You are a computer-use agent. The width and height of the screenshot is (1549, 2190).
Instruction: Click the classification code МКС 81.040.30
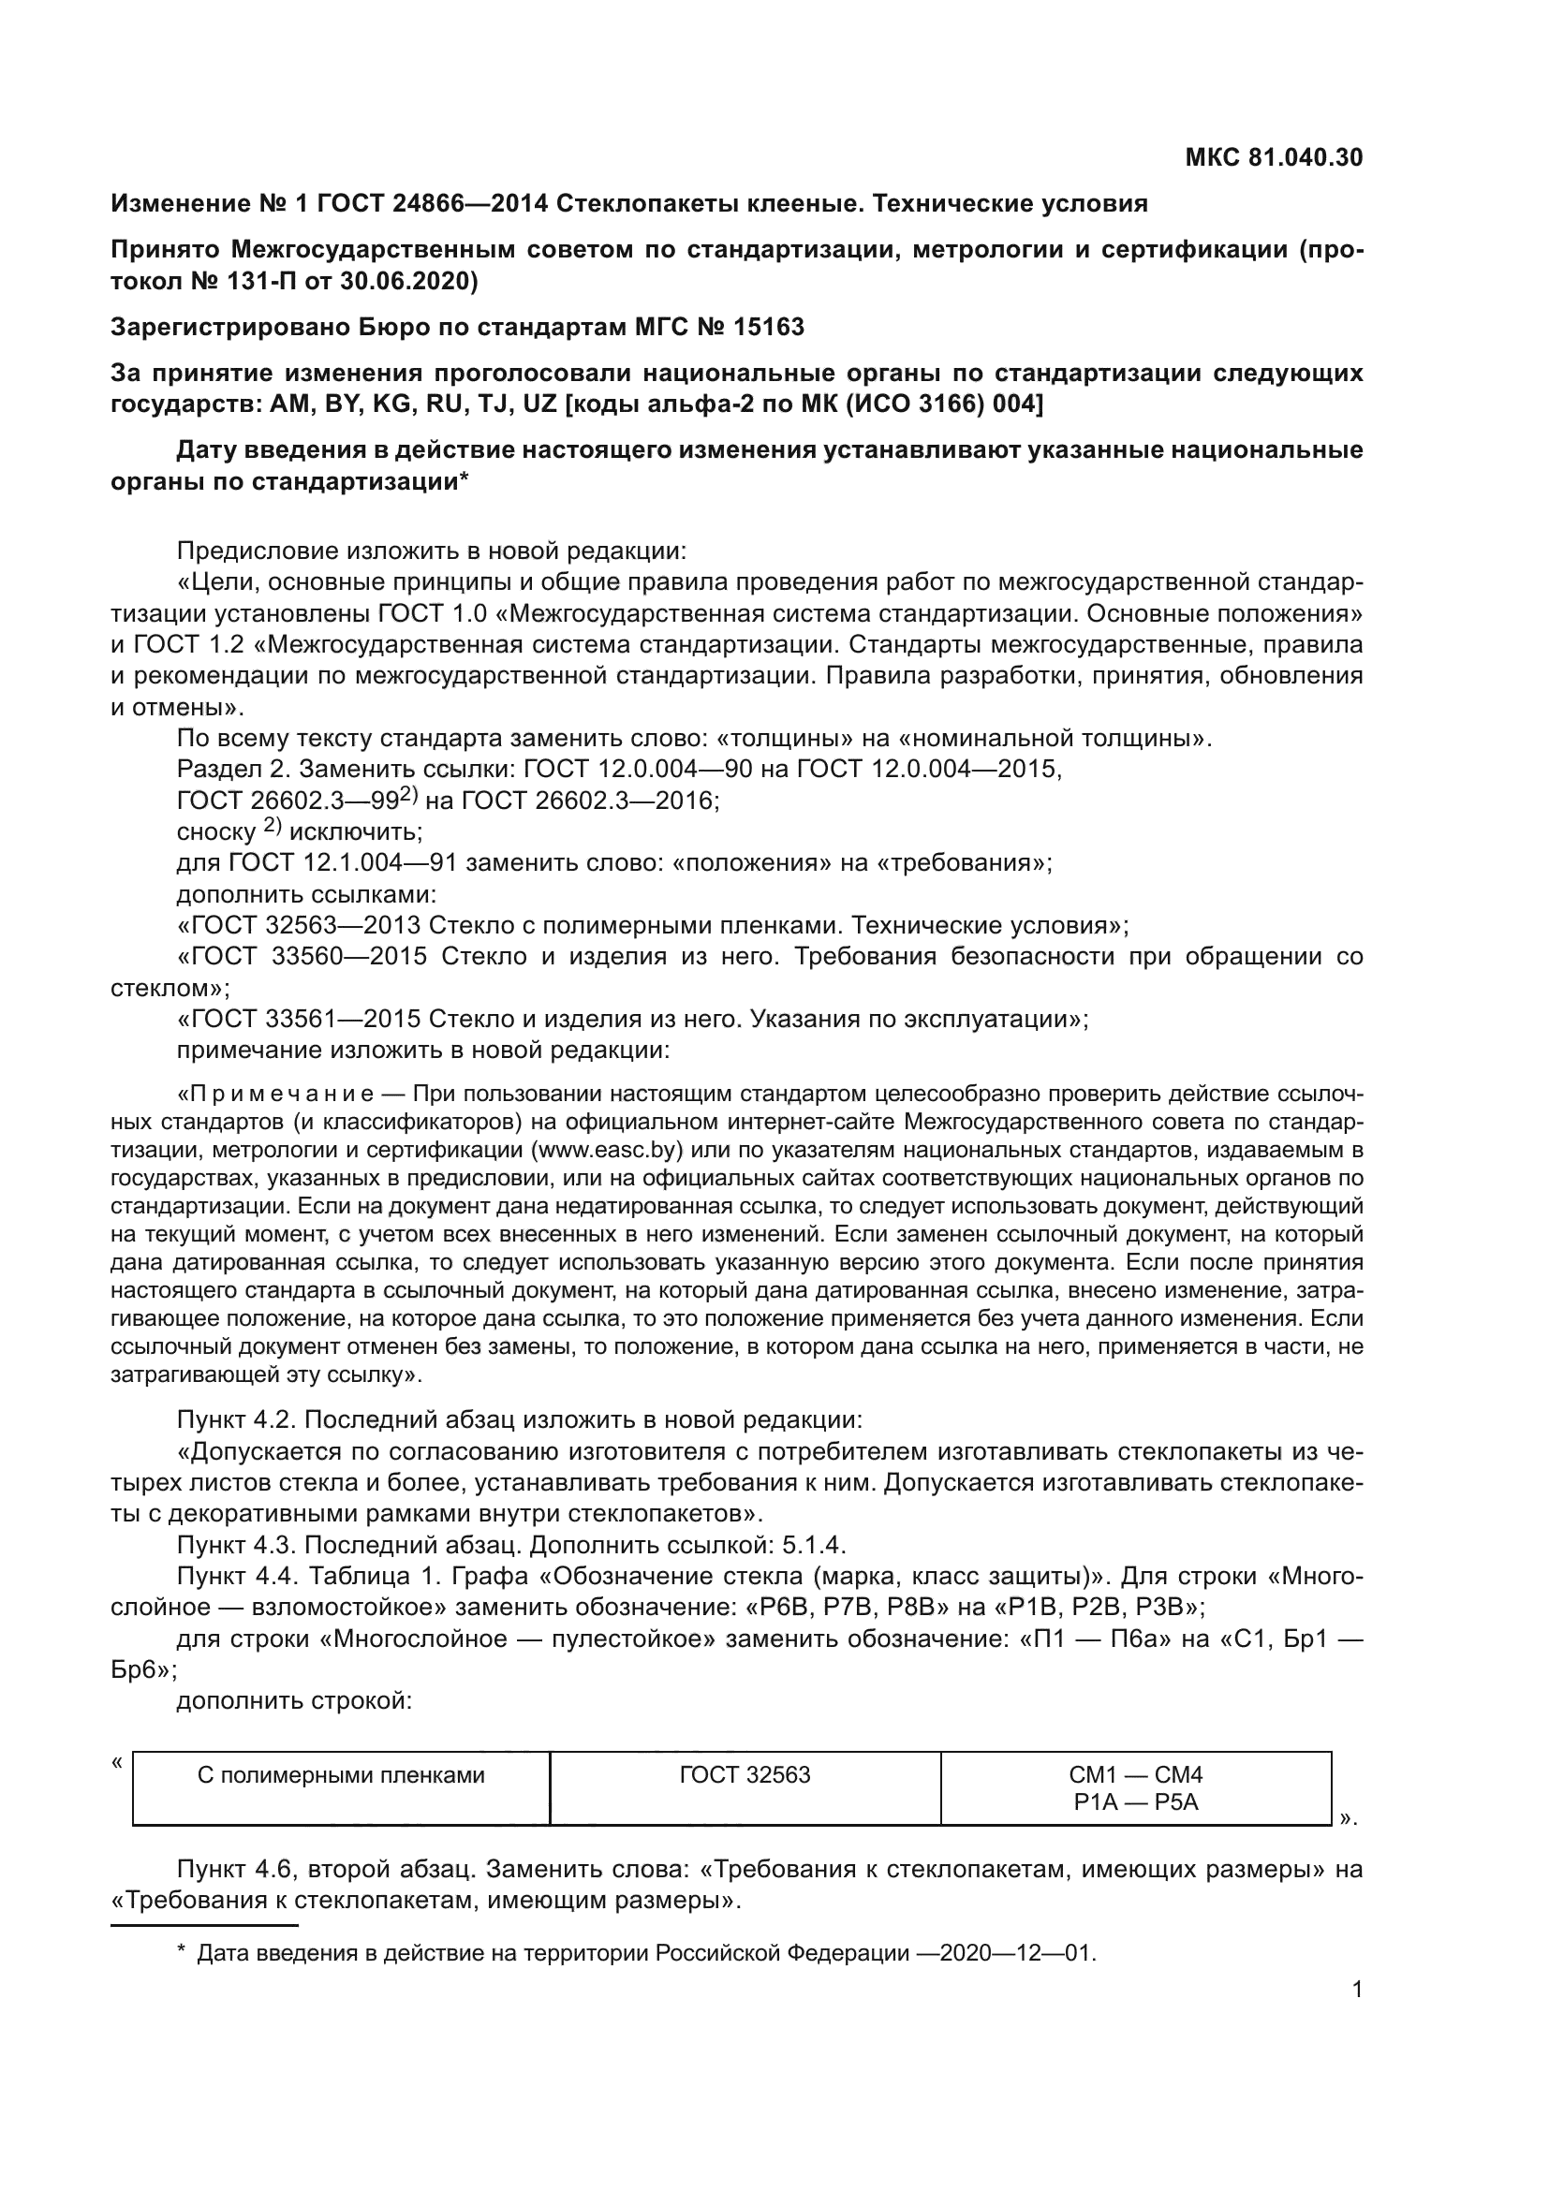click(1274, 157)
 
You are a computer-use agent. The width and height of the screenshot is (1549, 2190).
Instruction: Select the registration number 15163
click(769, 327)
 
